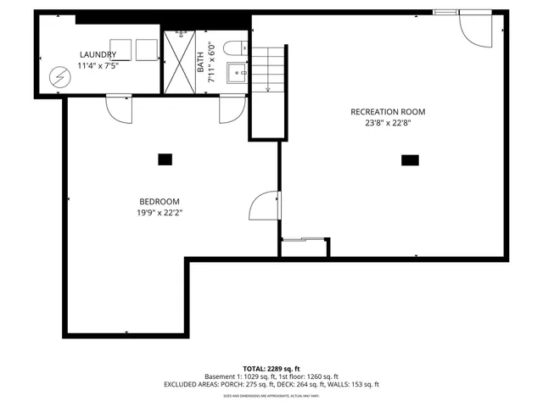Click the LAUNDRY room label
(98, 54)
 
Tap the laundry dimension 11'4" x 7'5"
(98, 65)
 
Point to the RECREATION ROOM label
(388, 111)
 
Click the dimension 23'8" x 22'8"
(388, 122)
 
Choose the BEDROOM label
(160, 201)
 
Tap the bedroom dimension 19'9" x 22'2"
(160, 212)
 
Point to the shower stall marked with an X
(179, 64)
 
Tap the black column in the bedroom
(165, 159)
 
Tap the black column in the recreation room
(410, 159)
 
